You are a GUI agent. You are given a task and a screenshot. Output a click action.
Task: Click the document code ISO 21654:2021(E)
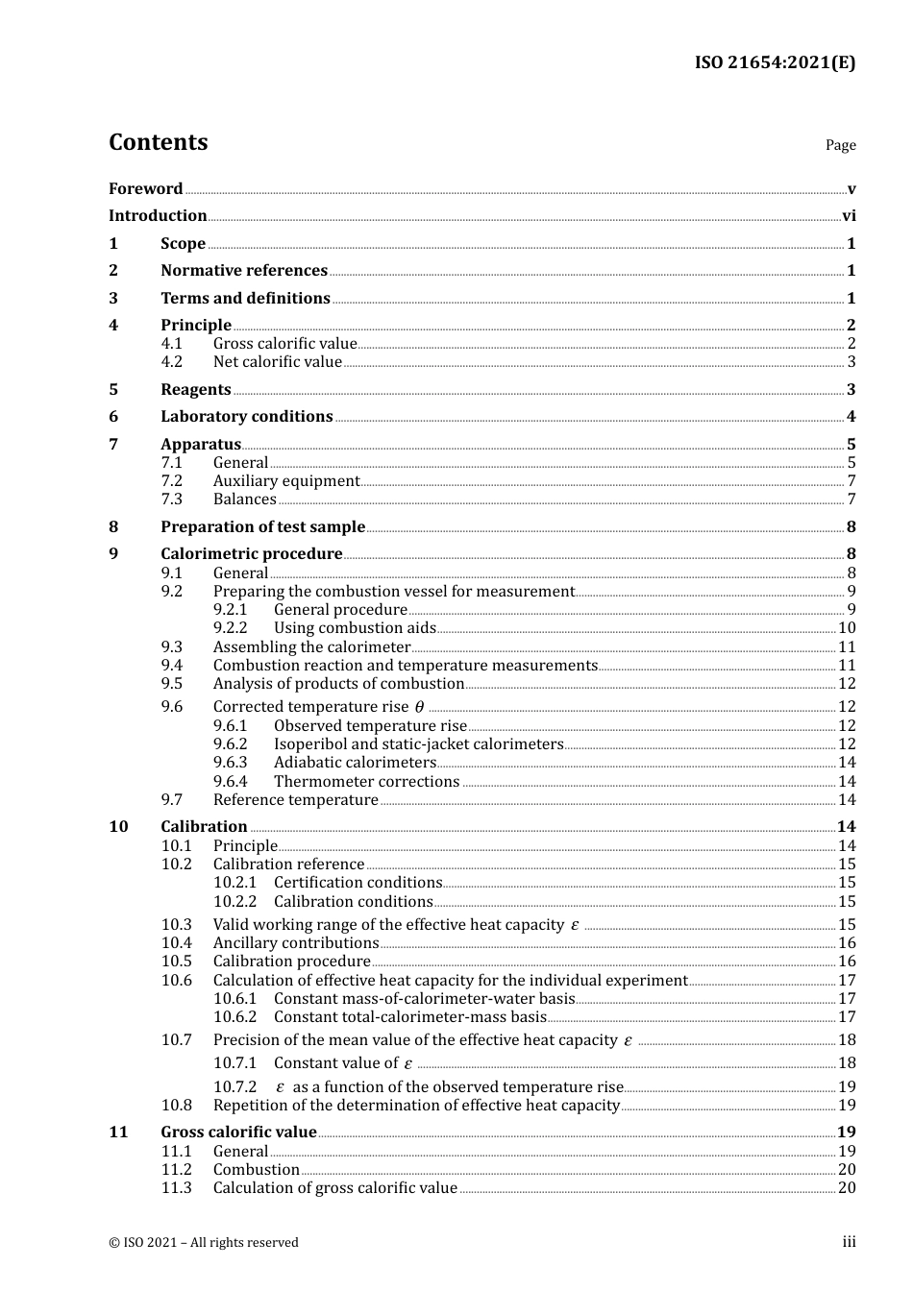pos(775,62)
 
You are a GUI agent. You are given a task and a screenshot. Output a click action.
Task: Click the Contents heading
pos(158,142)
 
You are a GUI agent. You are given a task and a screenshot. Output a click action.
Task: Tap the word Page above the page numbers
pos(840,145)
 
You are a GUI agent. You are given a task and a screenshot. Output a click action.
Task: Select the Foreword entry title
pos(145,189)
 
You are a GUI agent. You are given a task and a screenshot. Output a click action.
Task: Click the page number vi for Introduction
pos(849,216)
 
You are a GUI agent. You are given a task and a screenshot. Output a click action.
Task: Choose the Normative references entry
pos(244,271)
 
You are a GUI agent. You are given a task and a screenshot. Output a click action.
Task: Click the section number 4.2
pos(171,362)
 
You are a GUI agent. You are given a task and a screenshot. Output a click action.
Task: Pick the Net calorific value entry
pos(277,362)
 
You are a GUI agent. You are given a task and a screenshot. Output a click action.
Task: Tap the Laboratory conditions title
pos(246,417)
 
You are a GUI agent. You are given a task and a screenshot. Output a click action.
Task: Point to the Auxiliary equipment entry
pos(286,481)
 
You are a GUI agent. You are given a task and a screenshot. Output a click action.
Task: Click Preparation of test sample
pos(262,527)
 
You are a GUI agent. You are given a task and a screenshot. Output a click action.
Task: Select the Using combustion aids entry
pos(355,628)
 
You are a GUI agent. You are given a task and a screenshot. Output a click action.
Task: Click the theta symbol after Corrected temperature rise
pos(419,707)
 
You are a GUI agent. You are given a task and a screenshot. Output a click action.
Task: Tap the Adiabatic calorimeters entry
pos(355,763)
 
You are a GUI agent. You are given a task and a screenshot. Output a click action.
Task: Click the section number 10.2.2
pos(234,902)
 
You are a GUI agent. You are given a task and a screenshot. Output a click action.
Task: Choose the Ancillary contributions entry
pos(296,943)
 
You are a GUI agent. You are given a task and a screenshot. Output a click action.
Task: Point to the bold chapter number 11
pos(118,1133)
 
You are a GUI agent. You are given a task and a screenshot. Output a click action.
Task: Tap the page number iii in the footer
pos(849,1242)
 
